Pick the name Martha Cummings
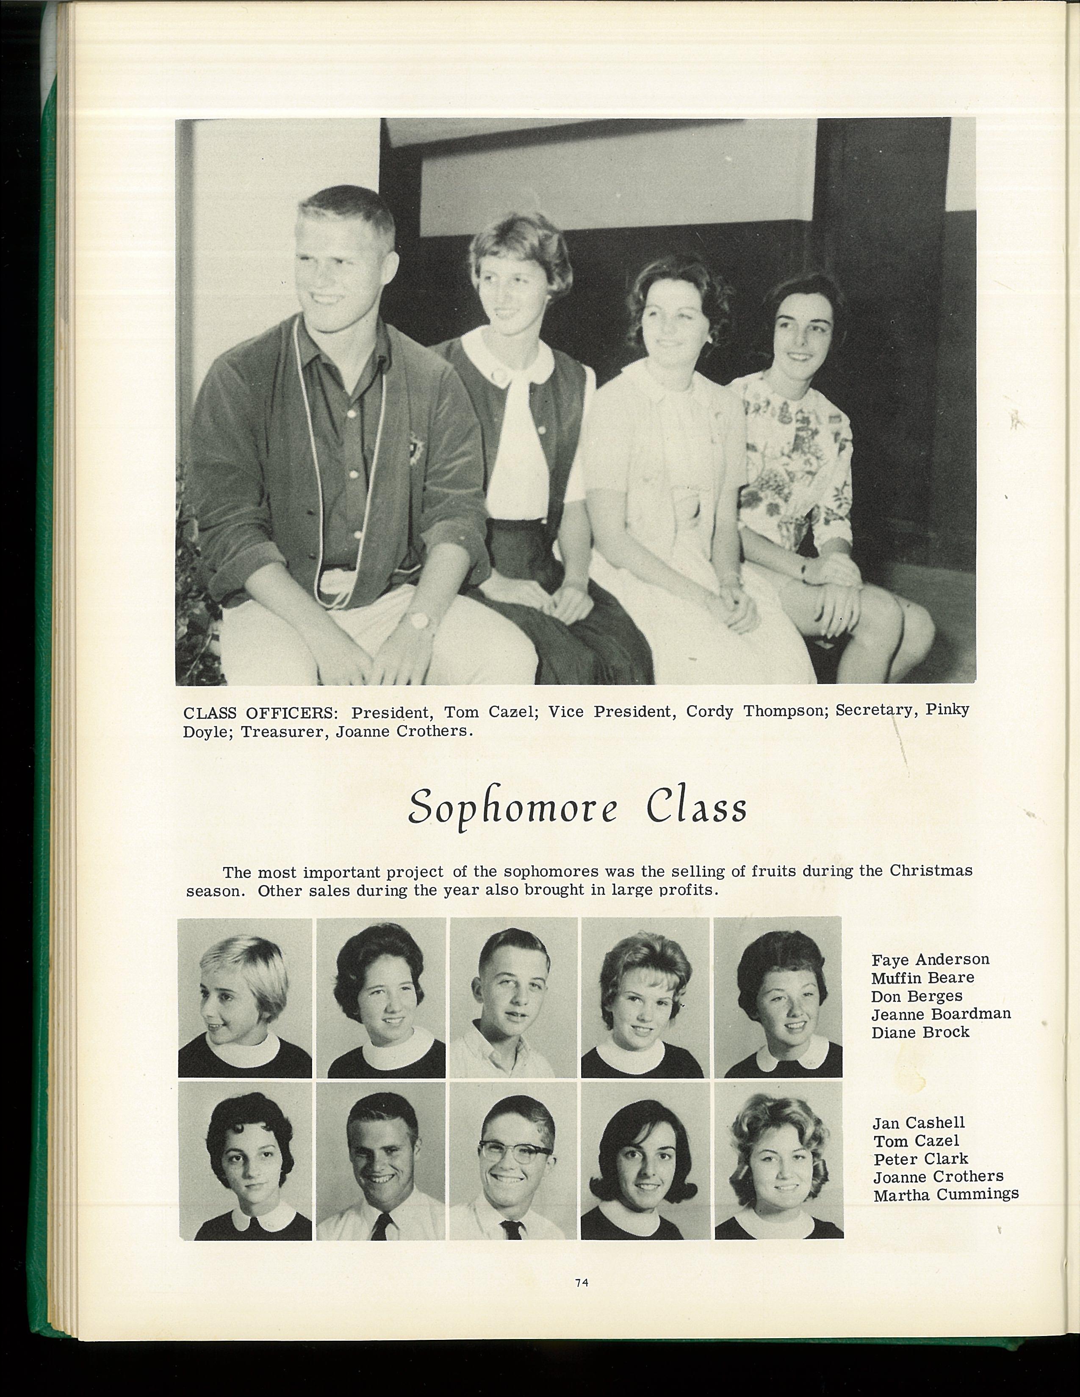[x=946, y=1194]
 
